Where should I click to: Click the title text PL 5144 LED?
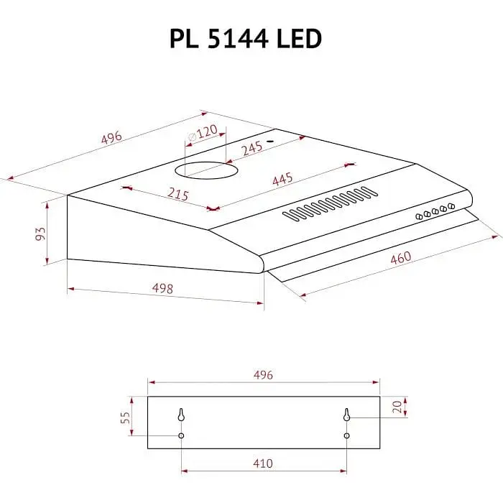click(x=244, y=39)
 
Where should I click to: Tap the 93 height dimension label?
click(x=40, y=234)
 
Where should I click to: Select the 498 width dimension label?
click(x=163, y=289)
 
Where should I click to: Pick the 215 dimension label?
click(x=177, y=194)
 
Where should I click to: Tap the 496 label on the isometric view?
click(x=111, y=138)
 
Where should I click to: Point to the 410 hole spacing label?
click(x=263, y=463)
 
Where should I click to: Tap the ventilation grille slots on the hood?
click(x=330, y=203)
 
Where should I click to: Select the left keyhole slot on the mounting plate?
click(x=181, y=415)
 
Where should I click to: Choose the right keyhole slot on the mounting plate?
click(x=346, y=415)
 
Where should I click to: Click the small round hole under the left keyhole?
click(x=181, y=435)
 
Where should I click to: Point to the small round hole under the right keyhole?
click(x=346, y=435)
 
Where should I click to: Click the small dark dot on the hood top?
click(x=272, y=142)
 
